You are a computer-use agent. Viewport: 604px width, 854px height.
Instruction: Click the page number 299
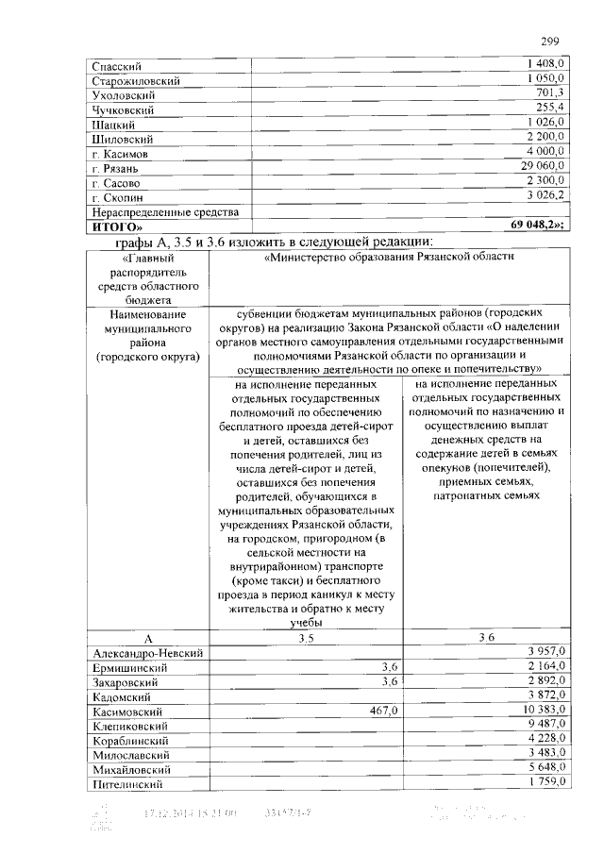coord(550,41)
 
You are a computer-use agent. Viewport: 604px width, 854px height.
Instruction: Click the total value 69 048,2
coord(537,226)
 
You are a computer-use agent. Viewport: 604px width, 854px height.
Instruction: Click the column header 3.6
coord(487,639)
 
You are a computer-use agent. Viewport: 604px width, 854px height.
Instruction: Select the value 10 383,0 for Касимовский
coord(540,711)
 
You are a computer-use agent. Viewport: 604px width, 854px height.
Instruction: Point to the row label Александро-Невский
coord(149,653)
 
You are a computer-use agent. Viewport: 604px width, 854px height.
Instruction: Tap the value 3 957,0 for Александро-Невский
coord(545,652)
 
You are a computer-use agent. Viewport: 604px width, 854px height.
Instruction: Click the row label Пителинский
coord(129,785)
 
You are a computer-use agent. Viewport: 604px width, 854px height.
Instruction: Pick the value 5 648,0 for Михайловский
coord(545,769)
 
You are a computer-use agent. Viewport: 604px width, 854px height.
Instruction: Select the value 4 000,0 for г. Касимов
coord(545,151)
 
